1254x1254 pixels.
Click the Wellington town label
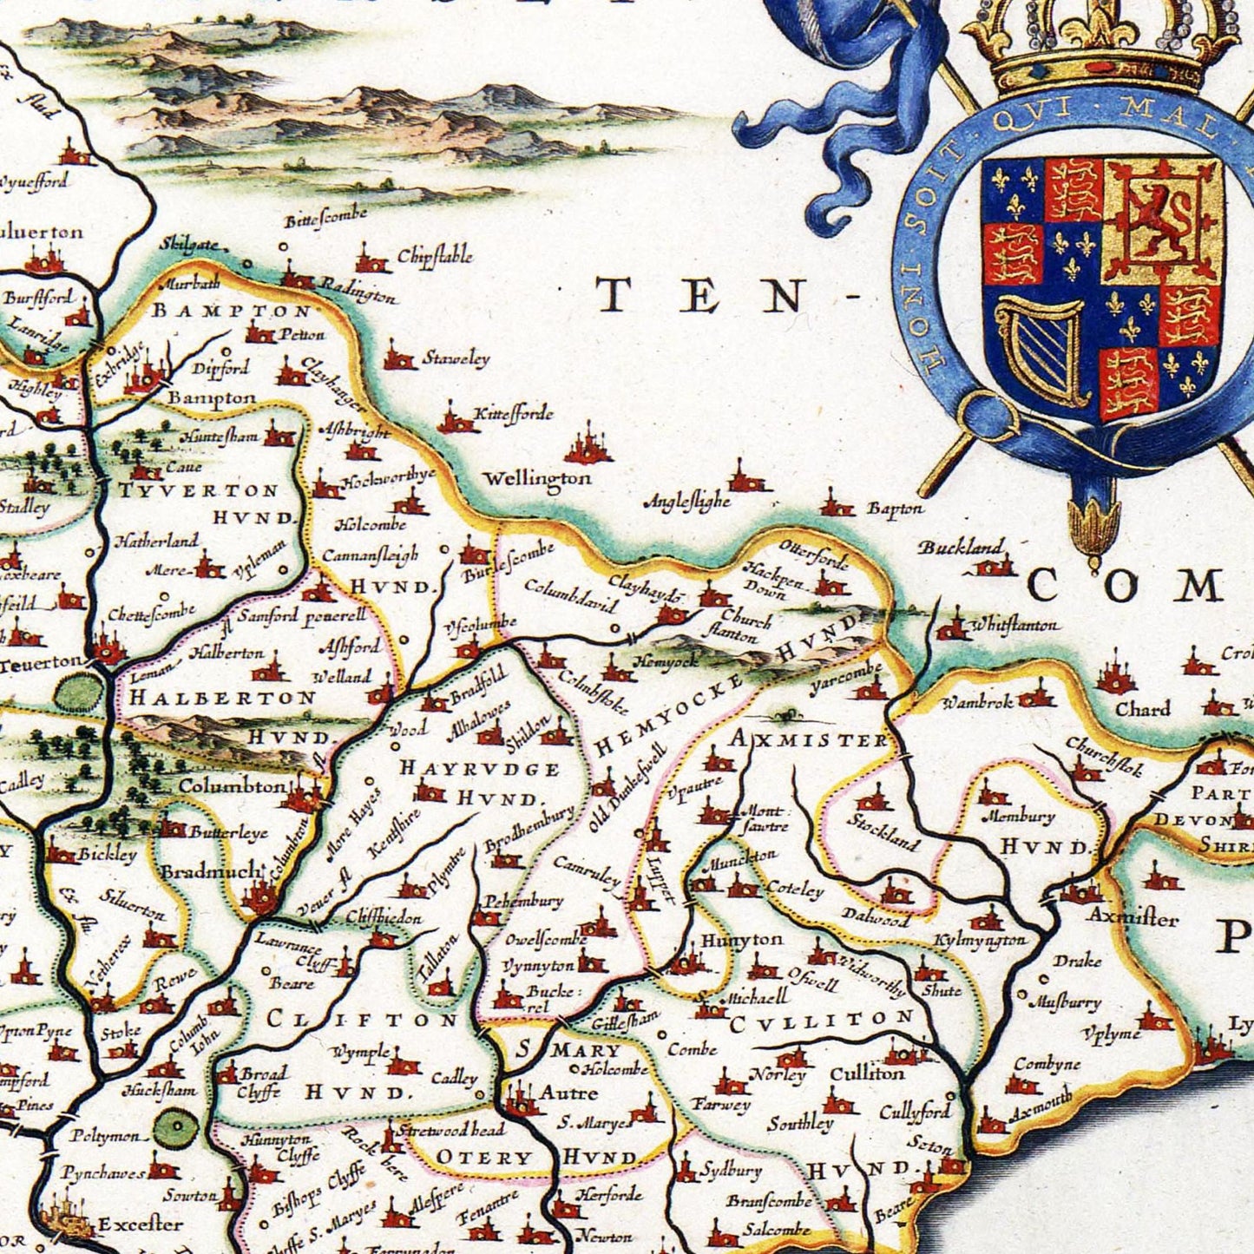click(x=536, y=479)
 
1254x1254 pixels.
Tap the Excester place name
click(x=140, y=1224)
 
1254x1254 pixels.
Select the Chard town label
click(x=1142, y=709)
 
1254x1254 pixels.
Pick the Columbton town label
click(x=231, y=786)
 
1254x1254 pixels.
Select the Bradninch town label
click(x=211, y=870)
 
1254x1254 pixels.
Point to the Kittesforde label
click(x=512, y=415)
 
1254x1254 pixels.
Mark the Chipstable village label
click(x=435, y=257)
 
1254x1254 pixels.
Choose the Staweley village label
click(x=456, y=358)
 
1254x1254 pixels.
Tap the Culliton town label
click(x=867, y=1073)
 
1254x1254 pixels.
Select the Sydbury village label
click(x=730, y=1170)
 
